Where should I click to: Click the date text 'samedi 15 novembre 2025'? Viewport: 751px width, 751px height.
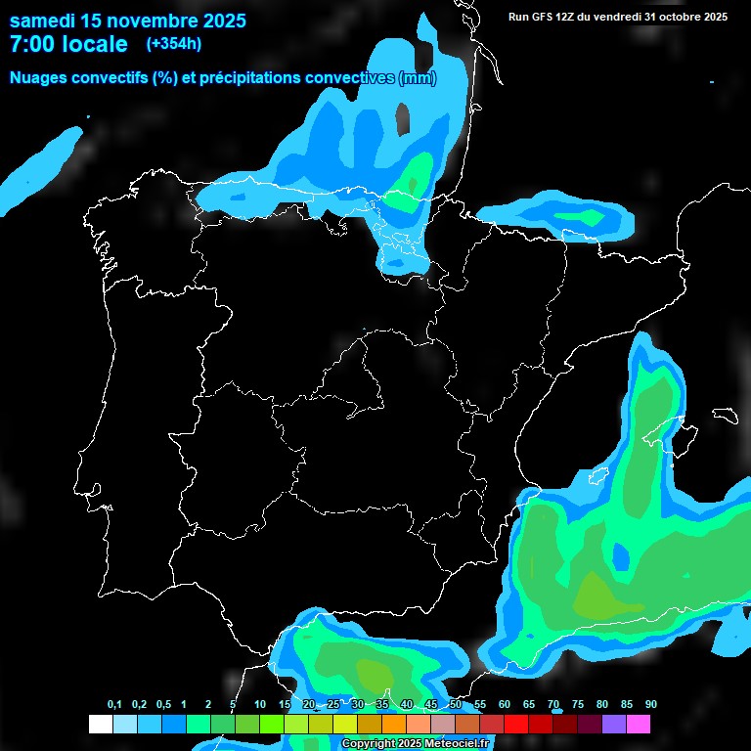tap(127, 20)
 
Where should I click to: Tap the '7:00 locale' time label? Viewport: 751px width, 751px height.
tap(68, 44)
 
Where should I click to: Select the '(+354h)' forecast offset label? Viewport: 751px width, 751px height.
tap(175, 44)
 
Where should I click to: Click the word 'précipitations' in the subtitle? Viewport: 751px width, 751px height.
tap(244, 78)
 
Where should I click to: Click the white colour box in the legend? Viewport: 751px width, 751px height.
tap(100, 724)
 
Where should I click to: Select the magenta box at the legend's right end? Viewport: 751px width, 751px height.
tap(639, 724)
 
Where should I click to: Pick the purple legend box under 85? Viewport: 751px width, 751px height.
tap(614, 724)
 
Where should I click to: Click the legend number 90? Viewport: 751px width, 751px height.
tap(651, 705)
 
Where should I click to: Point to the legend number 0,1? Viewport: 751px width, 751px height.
tap(114, 705)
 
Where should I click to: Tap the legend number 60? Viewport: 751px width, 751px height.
tap(505, 705)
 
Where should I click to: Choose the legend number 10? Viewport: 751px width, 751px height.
tap(260, 705)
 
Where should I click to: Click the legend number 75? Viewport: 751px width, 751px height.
tap(578, 705)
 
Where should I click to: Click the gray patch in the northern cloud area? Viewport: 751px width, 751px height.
tap(403, 118)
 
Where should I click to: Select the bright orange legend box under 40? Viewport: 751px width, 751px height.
tap(394, 724)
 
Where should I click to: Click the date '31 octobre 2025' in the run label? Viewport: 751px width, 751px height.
tap(685, 17)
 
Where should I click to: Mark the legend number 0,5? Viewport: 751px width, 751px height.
tap(163, 705)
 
